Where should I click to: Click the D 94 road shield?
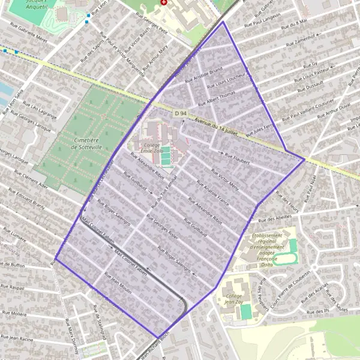pos(180,113)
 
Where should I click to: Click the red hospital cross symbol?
pos(164,3)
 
